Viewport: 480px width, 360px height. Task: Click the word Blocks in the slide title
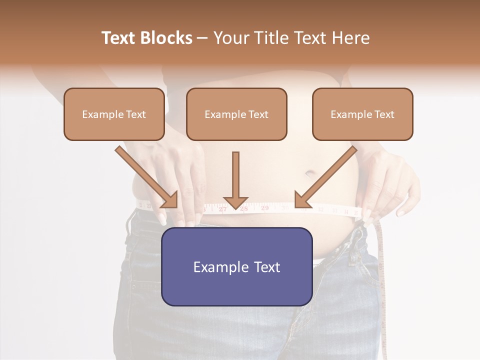coord(166,38)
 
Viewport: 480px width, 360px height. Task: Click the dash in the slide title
coord(202,38)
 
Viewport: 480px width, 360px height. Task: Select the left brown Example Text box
coord(114,114)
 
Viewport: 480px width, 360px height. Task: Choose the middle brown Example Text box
coord(236,114)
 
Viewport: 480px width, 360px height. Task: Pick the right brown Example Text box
coord(362,114)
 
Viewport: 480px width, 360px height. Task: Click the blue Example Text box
coord(236,266)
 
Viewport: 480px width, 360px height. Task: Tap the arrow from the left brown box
coord(147,177)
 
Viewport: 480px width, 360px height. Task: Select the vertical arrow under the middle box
coord(235,180)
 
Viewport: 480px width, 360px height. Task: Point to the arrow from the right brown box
coord(325,177)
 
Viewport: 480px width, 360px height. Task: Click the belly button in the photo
coord(309,174)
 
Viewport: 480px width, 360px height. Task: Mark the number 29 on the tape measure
coord(264,207)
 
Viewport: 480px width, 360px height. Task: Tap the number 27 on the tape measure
coord(222,209)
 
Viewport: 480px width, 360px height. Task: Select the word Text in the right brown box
coord(384,114)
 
